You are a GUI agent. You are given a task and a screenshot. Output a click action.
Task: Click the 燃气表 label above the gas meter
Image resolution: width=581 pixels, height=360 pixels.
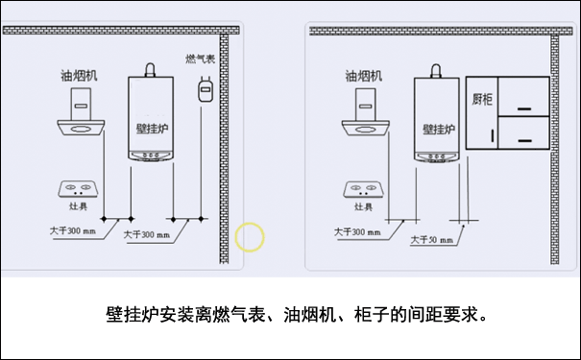coord(200,59)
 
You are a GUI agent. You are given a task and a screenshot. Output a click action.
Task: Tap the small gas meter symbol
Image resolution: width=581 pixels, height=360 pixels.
coord(203,90)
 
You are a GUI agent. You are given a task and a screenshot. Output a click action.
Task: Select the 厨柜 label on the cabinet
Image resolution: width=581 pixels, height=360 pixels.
coord(483,98)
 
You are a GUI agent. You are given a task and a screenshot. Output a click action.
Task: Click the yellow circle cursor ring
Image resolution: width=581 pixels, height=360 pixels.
coord(250,235)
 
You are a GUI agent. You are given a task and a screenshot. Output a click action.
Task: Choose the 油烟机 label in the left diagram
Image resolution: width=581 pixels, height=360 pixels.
coord(79,75)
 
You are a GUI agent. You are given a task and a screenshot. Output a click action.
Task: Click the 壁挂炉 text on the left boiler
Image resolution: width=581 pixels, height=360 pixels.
coord(152,127)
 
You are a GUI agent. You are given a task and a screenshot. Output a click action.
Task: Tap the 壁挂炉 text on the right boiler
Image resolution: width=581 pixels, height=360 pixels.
coord(437,127)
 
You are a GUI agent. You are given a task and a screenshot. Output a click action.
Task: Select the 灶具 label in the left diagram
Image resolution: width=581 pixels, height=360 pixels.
coord(78,204)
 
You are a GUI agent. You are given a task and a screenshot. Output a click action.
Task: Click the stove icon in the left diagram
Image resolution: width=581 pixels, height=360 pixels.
coord(78,187)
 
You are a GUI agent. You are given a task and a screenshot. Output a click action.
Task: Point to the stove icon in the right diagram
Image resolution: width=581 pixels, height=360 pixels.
coord(362,187)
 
